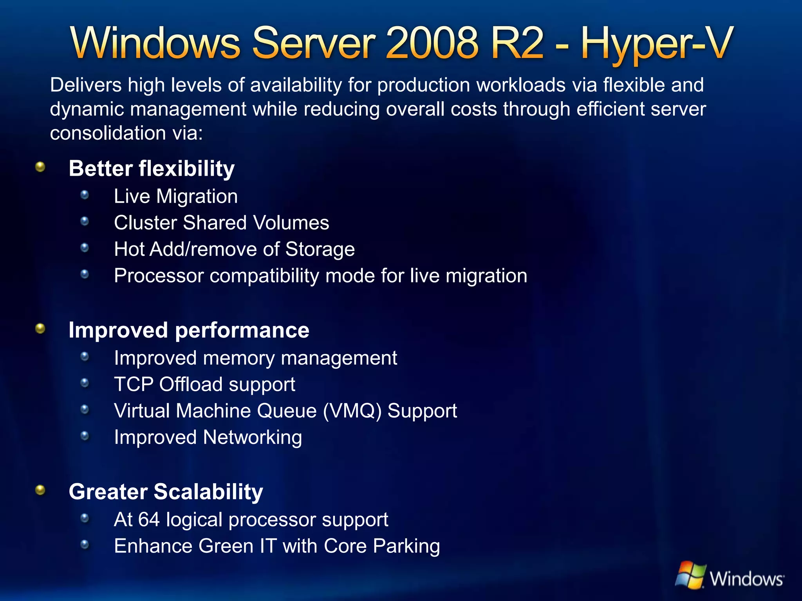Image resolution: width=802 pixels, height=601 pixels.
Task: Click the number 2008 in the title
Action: point(432,43)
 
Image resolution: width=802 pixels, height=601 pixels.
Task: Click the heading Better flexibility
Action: point(152,169)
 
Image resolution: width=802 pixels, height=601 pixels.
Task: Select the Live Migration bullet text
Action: point(175,196)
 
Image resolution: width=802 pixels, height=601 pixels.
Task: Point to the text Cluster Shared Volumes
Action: point(221,223)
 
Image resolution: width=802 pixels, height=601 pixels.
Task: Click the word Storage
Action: point(320,249)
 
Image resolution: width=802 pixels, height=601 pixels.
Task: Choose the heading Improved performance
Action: point(189,330)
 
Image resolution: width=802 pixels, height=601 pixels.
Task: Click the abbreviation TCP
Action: point(134,384)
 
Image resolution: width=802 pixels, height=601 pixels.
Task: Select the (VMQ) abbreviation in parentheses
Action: point(352,411)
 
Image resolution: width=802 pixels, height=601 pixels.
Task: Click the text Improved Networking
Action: point(208,437)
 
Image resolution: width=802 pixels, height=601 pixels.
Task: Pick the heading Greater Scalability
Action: point(166,492)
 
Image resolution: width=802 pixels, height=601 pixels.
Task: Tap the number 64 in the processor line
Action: point(149,520)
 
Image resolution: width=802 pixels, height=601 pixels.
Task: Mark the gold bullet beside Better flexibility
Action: point(40,167)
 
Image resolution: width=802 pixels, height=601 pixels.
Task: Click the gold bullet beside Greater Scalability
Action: point(40,490)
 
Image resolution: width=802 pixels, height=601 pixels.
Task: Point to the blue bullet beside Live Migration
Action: point(85,195)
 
